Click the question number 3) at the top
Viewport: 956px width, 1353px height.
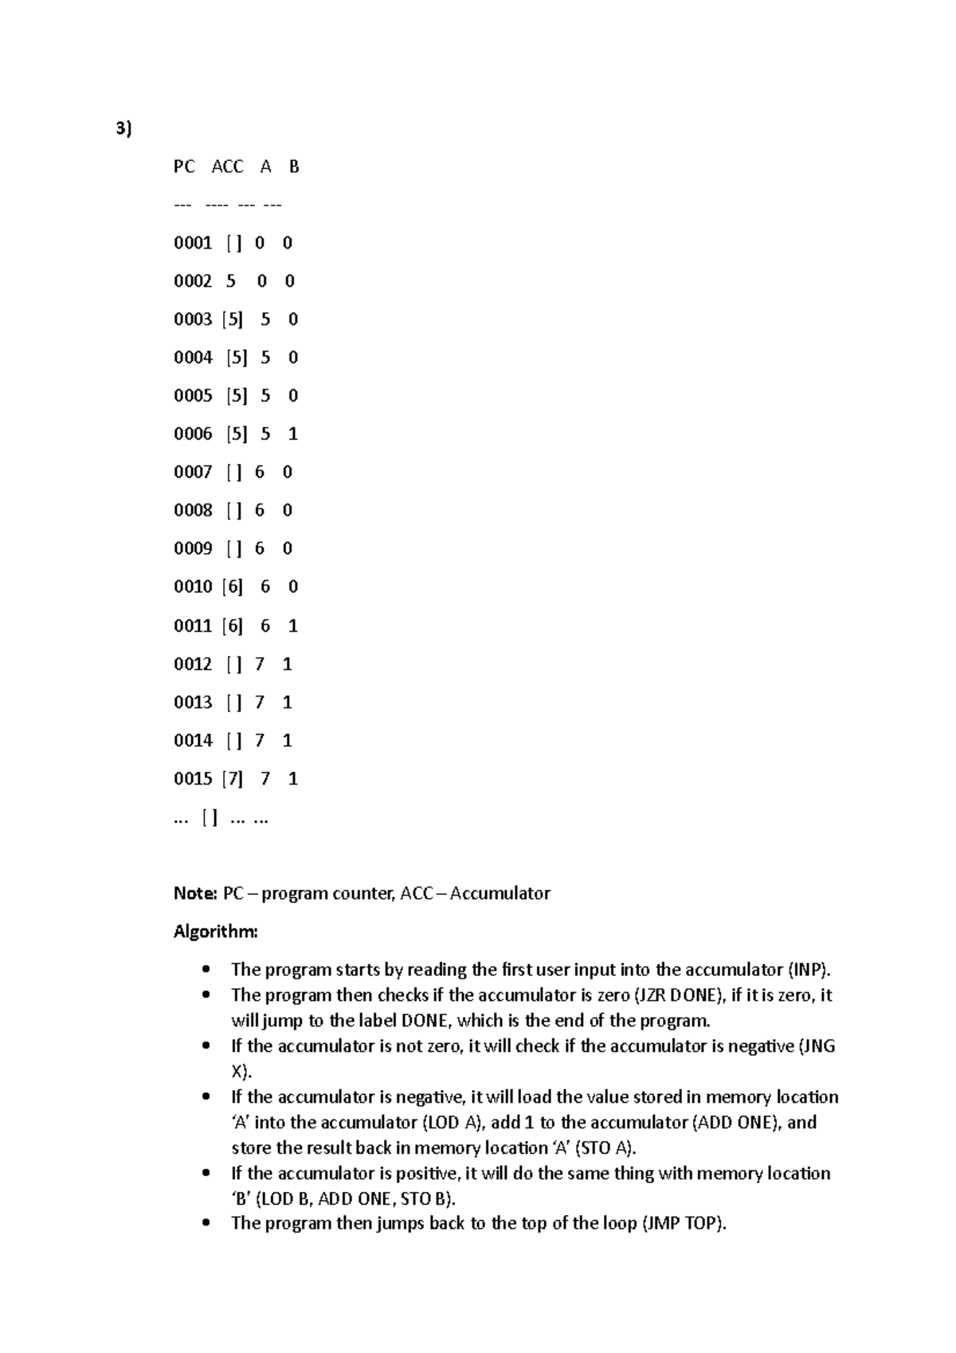click(121, 129)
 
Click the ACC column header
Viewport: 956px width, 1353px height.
click(227, 167)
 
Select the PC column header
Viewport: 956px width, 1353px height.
click(183, 167)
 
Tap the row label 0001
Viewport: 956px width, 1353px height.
click(193, 243)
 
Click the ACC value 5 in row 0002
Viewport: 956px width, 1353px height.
click(231, 281)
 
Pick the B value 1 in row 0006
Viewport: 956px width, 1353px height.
click(293, 434)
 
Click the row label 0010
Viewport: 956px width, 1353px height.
click(193, 587)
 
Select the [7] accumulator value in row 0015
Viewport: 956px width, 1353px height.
click(233, 778)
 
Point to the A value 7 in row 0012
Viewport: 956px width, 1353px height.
click(260, 664)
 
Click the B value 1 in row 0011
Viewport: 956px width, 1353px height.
click(293, 626)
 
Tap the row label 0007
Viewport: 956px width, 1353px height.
click(193, 473)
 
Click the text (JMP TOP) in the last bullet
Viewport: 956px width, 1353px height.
click(684, 1224)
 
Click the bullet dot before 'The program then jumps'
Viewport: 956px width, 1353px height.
click(207, 1224)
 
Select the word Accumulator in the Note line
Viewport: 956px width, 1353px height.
click(500, 893)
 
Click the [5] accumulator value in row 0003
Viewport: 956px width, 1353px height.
click(233, 320)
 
